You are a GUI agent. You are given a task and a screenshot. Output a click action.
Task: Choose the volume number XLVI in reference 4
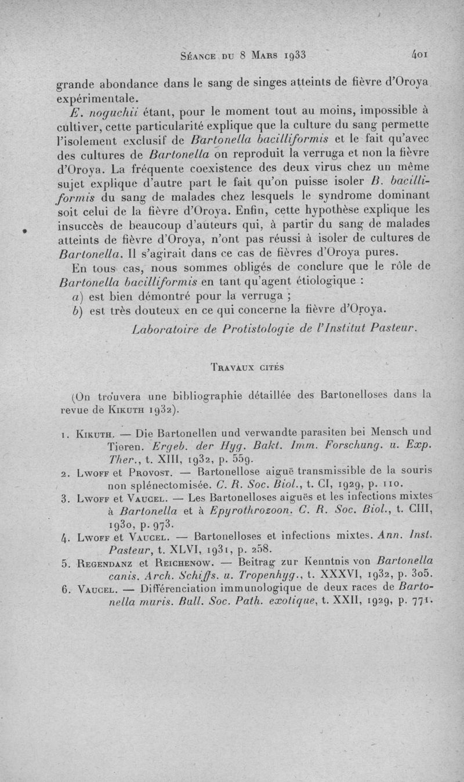(x=196, y=547)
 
